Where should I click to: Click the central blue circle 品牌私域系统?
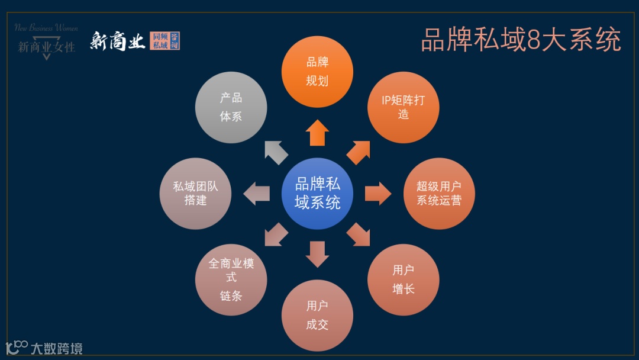(317, 194)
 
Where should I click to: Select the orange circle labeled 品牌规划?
(317, 72)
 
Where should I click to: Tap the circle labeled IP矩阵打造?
(404, 107)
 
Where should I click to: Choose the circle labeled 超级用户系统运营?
(439, 194)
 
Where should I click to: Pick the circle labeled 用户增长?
(404, 279)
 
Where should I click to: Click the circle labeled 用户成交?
(317, 315)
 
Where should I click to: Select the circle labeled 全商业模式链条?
(231, 279)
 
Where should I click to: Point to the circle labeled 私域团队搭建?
(195, 194)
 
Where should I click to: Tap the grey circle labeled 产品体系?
(231, 107)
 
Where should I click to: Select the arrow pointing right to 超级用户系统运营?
(377, 194)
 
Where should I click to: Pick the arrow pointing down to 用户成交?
(318, 253)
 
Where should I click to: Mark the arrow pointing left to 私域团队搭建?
(257, 194)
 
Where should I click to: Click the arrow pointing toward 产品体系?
(275, 152)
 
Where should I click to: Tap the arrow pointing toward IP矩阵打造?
(359, 152)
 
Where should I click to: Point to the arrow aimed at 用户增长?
(359, 234)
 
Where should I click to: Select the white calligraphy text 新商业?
(117, 41)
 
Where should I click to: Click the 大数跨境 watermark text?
(57, 348)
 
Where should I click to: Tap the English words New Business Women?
(46, 27)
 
